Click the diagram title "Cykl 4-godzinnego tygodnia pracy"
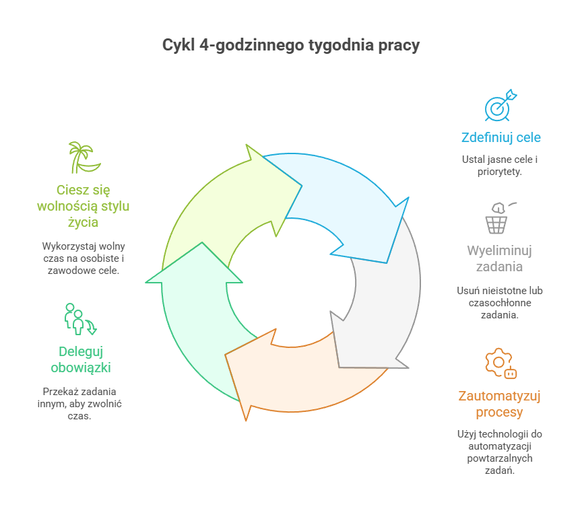point(291,46)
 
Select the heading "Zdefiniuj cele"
point(500,138)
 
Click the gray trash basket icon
point(497,217)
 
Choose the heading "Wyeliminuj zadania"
point(500,259)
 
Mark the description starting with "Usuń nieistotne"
point(500,303)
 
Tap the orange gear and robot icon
point(500,363)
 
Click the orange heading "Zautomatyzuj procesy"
point(500,404)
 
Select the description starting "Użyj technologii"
point(500,452)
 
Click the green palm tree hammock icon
point(84,157)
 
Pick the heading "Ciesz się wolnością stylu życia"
point(84,207)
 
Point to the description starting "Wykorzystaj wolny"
point(84,258)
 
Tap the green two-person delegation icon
point(79,319)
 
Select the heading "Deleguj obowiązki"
point(81,359)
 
